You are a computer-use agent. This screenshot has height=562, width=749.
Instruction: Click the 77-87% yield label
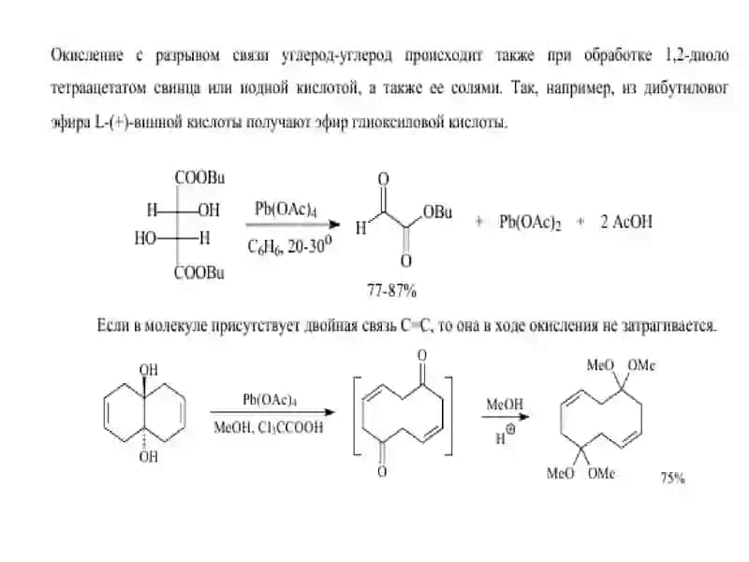[391, 290]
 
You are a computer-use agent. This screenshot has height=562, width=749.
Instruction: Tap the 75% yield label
[672, 478]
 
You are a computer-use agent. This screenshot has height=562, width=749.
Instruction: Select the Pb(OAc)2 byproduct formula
[530, 222]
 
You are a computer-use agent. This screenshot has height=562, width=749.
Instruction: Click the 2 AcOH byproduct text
[626, 222]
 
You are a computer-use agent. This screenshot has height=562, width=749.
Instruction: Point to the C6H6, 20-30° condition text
[289, 245]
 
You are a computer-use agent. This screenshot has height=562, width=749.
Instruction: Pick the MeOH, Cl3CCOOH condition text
[269, 427]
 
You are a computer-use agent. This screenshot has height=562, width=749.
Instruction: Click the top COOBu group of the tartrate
[199, 177]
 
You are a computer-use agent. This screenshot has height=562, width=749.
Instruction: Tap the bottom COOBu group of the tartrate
[198, 273]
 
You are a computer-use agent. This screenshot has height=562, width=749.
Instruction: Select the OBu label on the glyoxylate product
[437, 212]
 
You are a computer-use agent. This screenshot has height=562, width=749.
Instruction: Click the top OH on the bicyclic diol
[149, 370]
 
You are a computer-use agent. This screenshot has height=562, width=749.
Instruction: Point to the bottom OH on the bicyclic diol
[149, 457]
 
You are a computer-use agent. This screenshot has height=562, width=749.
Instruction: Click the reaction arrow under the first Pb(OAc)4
[292, 224]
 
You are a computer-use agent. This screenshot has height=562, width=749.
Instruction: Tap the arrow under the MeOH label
[505, 416]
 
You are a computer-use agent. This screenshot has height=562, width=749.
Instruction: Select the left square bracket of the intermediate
[355, 416]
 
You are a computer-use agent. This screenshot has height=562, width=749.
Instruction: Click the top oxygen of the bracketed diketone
[422, 355]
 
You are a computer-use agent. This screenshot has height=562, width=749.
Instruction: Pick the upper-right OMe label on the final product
[641, 365]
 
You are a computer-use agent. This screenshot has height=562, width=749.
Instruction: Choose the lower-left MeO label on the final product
[560, 473]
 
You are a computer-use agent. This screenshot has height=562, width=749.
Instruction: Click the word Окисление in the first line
[87, 55]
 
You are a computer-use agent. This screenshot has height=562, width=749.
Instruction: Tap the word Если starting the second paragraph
[112, 325]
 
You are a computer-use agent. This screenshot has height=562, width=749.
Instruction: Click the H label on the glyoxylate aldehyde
[360, 228]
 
